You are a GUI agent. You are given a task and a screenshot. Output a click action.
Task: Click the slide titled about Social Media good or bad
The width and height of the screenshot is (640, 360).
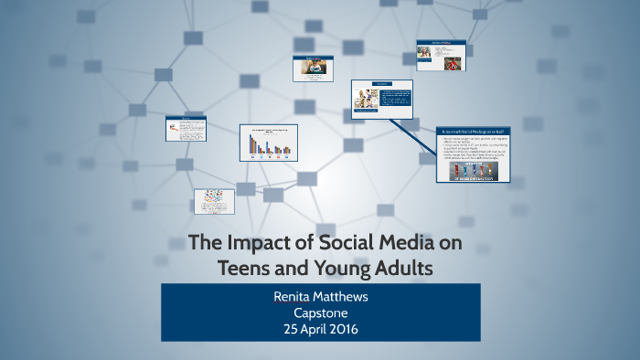473,156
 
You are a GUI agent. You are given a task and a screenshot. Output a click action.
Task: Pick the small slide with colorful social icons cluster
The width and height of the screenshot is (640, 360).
214,202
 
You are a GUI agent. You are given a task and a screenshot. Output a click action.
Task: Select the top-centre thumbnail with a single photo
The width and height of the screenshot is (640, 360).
313,69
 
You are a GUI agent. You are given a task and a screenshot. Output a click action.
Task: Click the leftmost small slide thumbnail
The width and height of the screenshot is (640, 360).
185,128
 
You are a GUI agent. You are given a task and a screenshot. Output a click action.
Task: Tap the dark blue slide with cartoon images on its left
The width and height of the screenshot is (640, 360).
381,99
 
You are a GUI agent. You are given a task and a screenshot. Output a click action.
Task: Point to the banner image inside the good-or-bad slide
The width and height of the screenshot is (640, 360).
472,173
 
